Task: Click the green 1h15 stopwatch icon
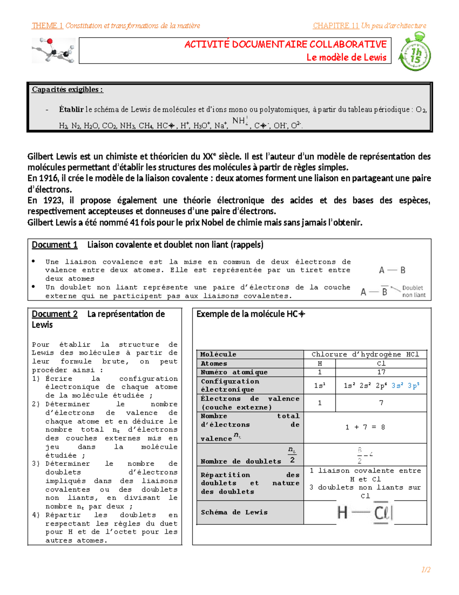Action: [415, 52]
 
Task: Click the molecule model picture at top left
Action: [54, 50]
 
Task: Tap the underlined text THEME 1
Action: [47, 26]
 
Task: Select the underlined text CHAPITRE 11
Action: [335, 26]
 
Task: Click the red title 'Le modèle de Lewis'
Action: [346, 57]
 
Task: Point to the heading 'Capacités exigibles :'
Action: [67, 90]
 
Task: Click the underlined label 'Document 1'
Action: [55, 245]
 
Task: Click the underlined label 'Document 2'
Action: [55, 314]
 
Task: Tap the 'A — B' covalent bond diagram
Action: [392, 270]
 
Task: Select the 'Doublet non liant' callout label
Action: [413, 291]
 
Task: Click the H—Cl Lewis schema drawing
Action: [365, 513]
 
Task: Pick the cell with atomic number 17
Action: [381, 372]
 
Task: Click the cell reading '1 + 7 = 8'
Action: [365, 427]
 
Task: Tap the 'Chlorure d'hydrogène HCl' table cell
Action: [365, 354]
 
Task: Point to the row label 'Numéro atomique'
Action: [234, 372]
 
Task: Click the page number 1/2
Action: [426, 570]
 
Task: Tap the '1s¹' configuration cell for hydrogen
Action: [319, 385]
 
